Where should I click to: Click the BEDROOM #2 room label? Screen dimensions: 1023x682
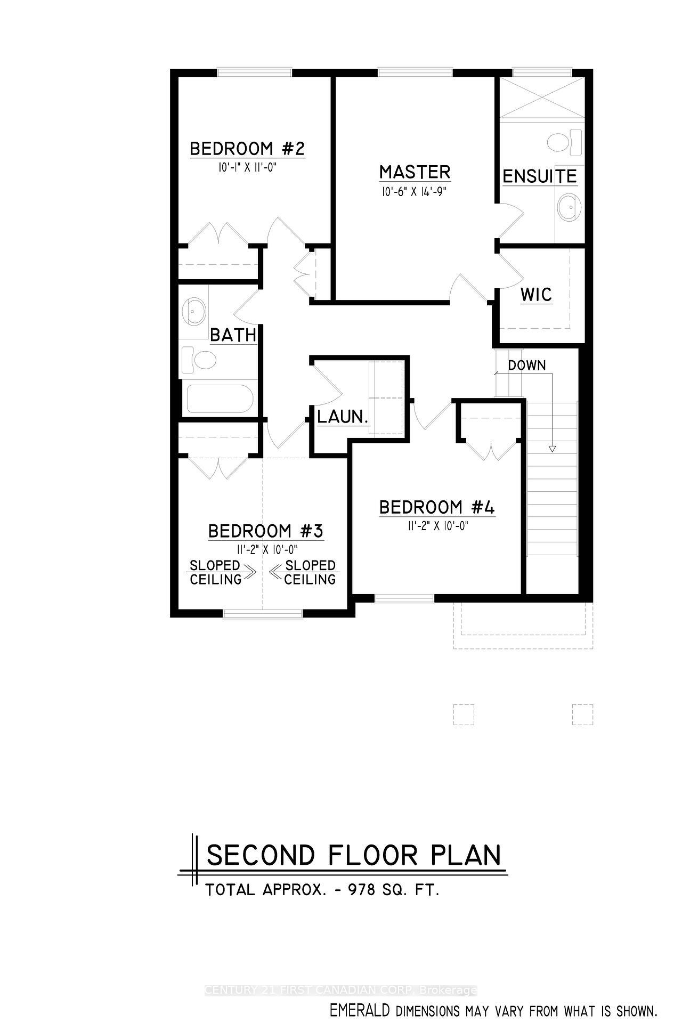click(247, 149)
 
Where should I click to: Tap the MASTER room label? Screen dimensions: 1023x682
click(415, 172)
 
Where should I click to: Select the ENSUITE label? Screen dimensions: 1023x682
click(540, 176)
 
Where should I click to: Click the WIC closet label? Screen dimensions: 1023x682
click(536, 295)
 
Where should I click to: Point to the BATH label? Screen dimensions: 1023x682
click(233, 335)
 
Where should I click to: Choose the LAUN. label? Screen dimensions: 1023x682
click(343, 417)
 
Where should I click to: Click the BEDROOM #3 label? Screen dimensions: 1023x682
click(265, 531)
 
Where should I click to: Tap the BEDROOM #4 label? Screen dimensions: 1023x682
click(437, 508)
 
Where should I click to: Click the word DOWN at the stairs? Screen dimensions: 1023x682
click(526, 366)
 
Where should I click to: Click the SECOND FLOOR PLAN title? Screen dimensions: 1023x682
click(354, 856)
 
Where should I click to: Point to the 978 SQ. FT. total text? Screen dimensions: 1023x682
click(394, 890)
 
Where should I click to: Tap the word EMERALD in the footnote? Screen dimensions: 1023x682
click(360, 1010)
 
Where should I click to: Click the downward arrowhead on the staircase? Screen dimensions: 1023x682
click(552, 449)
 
